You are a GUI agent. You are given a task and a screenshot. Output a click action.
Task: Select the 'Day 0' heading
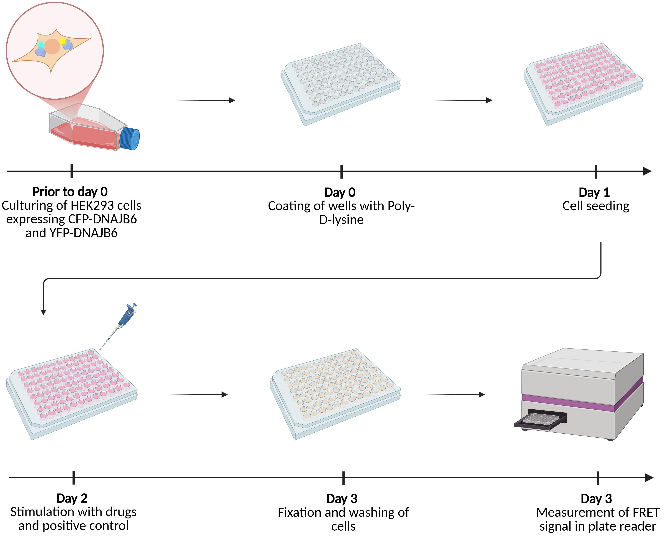tap(340, 192)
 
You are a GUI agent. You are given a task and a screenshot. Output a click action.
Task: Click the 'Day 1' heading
tap(594, 192)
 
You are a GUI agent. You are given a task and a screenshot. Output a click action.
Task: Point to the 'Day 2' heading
tap(72, 498)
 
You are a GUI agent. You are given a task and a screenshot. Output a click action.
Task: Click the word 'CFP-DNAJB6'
tap(102, 219)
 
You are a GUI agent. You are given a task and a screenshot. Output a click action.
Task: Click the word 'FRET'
tap(645, 512)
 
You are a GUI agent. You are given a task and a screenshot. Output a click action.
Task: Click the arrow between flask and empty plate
tap(206, 100)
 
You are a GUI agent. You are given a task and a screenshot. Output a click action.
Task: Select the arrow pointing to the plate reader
tap(455, 395)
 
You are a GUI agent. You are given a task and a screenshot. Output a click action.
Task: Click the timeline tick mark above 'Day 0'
tap(341, 171)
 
